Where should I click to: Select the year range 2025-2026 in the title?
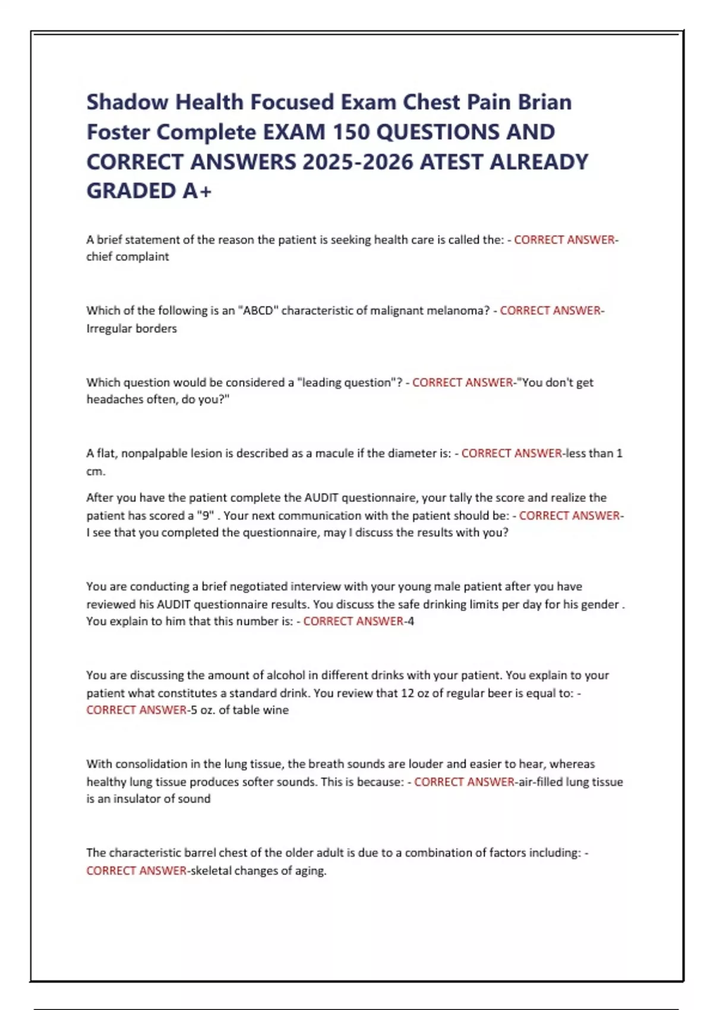[x=358, y=162]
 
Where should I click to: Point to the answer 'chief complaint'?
[x=128, y=257]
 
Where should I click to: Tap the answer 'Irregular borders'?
[x=131, y=328]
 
